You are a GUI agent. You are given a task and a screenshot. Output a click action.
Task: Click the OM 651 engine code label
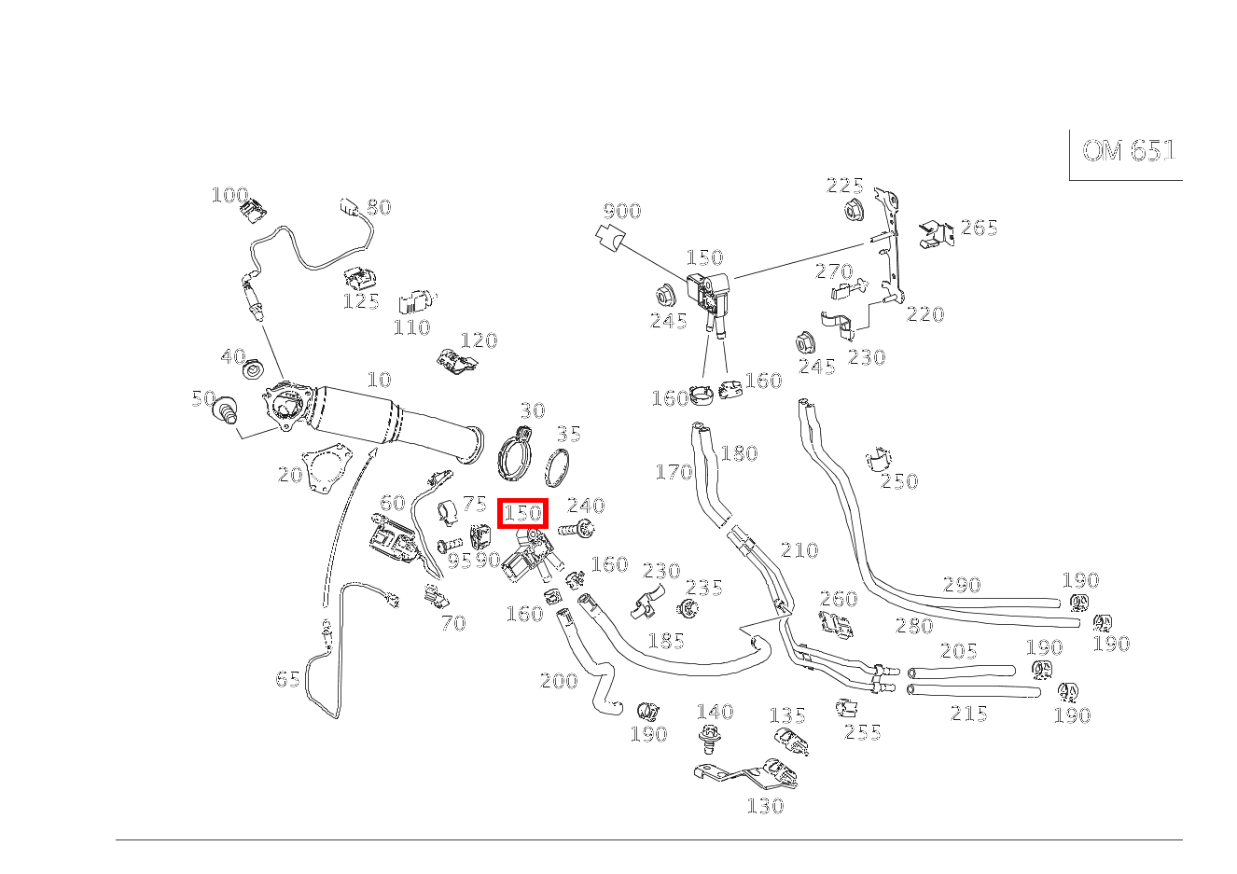pyautogui.click(x=1128, y=150)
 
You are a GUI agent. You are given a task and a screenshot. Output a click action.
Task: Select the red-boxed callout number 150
pyautogui.click(x=522, y=513)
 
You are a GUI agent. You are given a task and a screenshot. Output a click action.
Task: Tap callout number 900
pyautogui.click(x=622, y=211)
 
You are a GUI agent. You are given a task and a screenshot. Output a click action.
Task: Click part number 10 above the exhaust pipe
pyautogui.click(x=380, y=380)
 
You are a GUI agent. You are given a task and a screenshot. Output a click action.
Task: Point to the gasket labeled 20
pyautogui.click(x=326, y=467)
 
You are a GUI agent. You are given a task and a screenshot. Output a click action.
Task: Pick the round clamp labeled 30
pyautogui.click(x=515, y=454)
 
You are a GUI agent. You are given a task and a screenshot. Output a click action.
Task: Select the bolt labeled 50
pyautogui.click(x=227, y=409)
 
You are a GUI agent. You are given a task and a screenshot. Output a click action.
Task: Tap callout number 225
pyautogui.click(x=844, y=186)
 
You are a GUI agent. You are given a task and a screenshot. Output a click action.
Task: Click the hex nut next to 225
pyautogui.click(x=854, y=211)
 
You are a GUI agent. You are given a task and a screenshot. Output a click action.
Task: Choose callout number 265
pyautogui.click(x=980, y=228)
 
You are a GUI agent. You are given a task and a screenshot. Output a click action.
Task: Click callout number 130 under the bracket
pyautogui.click(x=765, y=806)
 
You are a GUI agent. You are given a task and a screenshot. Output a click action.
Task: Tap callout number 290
pyautogui.click(x=962, y=585)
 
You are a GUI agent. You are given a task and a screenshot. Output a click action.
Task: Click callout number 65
pyautogui.click(x=287, y=679)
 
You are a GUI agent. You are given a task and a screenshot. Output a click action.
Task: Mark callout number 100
pyautogui.click(x=230, y=194)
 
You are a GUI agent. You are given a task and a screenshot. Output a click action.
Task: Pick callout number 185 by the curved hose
pyautogui.click(x=666, y=641)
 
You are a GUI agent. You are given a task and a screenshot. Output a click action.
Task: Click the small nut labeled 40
pyautogui.click(x=255, y=368)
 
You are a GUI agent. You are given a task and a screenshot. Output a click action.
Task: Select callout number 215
pyautogui.click(x=968, y=714)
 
